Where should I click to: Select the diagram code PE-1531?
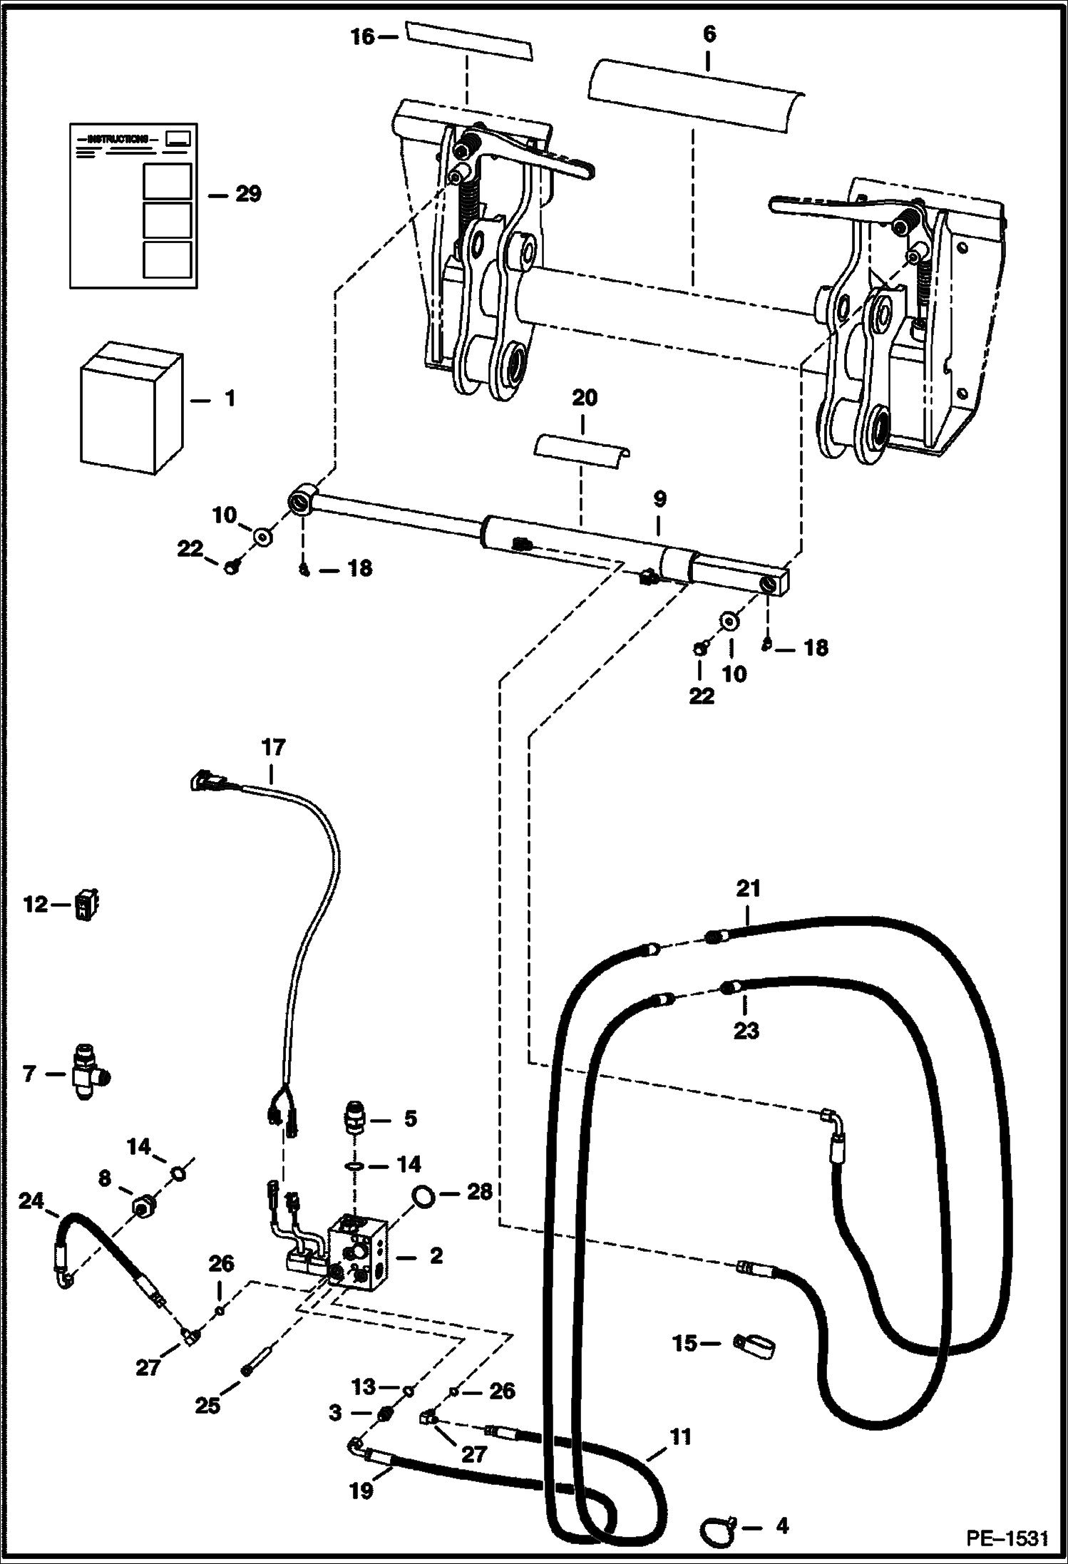1007,1538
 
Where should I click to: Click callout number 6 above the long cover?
709,34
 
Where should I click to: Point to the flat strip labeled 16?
469,40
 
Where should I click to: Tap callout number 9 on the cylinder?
659,499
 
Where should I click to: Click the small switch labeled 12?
86,905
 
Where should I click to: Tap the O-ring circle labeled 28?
424,1197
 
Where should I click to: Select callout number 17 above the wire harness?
273,748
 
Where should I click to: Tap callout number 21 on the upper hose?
749,889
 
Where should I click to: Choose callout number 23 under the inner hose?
746,1030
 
